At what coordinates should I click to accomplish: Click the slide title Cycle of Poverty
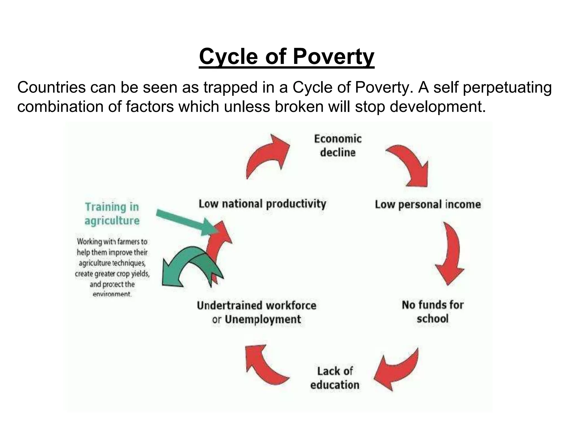(x=286, y=57)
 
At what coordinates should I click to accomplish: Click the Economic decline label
(x=338, y=146)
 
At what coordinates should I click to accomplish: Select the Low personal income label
(x=428, y=204)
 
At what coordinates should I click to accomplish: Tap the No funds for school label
(x=433, y=312)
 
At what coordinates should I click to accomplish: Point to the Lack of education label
(x=335, y=378)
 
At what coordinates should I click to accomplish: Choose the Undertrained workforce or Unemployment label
(x=257, y=312)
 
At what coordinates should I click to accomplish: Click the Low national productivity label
(x=262, y=204)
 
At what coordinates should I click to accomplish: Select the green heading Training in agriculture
(x=112, y=214)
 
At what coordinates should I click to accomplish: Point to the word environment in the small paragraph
(x=112, y=294)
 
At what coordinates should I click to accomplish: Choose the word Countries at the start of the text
(x=51, y=87)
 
